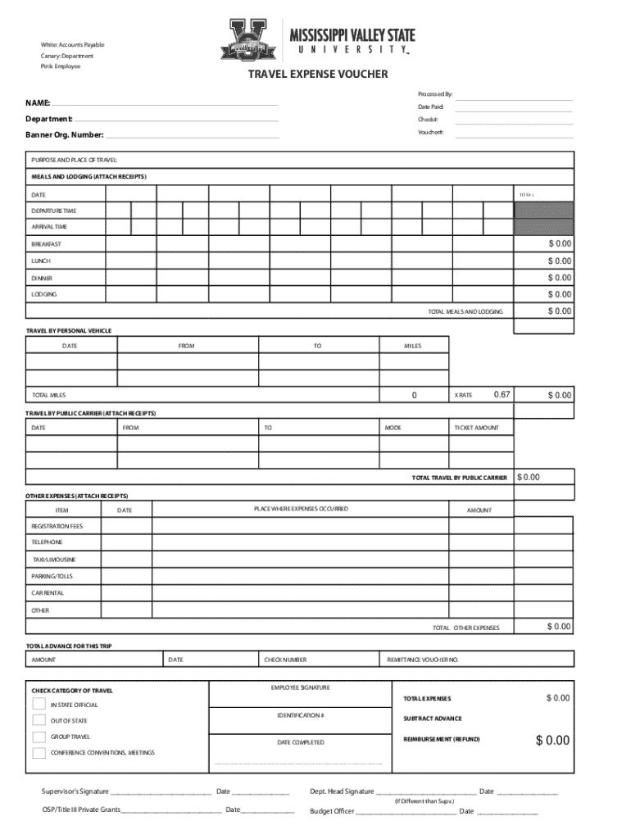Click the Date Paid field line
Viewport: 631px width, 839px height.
pos(513,108)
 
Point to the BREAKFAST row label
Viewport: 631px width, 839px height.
pos(47,244)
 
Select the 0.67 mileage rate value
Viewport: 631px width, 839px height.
pos(502,395)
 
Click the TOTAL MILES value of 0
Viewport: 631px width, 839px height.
pos(414,396)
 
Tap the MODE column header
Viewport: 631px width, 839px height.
pos(393,428)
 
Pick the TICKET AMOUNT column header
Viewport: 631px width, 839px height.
pos(476,428)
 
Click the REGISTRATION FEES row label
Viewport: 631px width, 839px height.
pos(57,525)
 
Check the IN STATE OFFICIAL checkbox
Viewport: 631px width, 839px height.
pos(39,704)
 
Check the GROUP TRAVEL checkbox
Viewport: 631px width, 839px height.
pos(39,737)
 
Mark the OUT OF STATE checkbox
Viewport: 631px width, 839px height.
pos(39,720)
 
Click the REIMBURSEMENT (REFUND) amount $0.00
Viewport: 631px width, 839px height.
pos(552,741)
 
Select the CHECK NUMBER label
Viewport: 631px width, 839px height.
pos(285,660)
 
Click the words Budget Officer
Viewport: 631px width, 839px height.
pos(332,811)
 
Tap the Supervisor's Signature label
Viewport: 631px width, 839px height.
pos(75,791)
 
